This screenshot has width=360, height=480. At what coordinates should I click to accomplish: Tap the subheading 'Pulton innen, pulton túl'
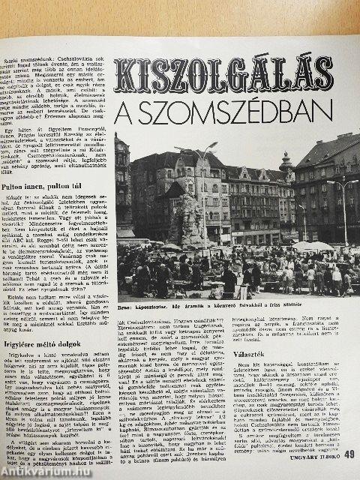[x=41, y=160]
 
